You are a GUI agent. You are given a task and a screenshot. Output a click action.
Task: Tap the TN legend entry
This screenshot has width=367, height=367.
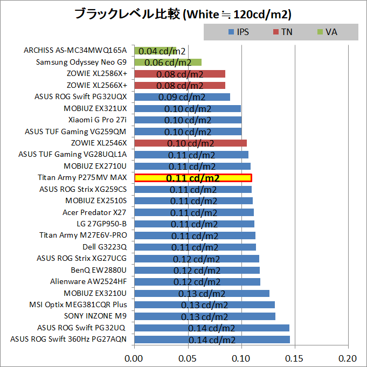click(x=282, y=32)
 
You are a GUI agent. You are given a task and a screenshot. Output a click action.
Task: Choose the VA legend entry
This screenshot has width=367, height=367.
click(x=327, y=32)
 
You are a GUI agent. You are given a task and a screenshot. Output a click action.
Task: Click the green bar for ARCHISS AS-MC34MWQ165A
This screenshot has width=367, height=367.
click(x=155, y=51)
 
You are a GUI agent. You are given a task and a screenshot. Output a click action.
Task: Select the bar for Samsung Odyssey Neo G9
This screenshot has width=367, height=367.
click(x=168, y=63)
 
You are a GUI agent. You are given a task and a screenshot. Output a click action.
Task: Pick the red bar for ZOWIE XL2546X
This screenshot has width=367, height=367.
click(x=190, y=143)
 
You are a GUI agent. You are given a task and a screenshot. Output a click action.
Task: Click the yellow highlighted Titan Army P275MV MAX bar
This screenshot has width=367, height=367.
click(x=193, y=178)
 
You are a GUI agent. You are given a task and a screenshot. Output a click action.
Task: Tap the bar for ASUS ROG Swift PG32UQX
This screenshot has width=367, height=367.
click(x=182, y=97)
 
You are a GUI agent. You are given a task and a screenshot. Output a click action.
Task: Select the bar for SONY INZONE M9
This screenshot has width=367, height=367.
click(x=204, y=316)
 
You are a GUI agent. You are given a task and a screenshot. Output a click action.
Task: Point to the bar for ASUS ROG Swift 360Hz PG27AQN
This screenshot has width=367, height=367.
click(x=212, y=340)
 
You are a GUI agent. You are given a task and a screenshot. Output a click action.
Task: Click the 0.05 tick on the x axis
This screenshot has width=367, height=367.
click(x=188, y=358)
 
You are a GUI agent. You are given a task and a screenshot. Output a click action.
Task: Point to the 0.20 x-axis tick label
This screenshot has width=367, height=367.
click(x=348, y=358)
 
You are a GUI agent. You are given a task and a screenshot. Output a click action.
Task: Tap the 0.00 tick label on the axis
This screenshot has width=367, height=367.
click(x=134, y=358)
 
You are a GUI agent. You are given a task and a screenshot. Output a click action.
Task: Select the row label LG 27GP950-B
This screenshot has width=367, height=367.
click(x=101, y=224)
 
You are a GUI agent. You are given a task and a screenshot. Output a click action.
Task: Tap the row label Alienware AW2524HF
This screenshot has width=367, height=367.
click(x=88, y=281)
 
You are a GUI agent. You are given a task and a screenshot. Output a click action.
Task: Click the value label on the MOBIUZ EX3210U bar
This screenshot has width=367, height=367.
click(x=203, y=294)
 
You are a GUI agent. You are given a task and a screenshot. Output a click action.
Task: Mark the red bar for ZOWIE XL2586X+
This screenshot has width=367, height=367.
click(x=179, y=74)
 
